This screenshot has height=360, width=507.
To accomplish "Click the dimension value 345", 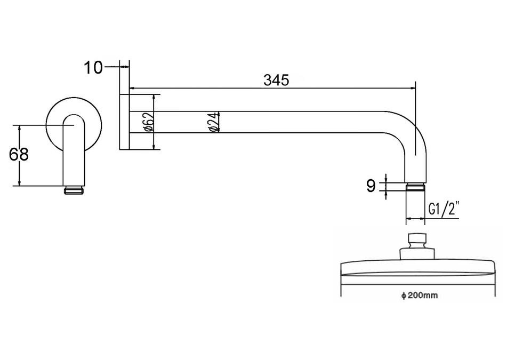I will pos(276,80).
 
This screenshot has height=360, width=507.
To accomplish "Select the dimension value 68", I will pos(19,155).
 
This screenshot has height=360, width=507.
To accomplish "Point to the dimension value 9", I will pos(371,186).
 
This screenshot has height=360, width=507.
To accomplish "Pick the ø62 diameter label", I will pos(149,122).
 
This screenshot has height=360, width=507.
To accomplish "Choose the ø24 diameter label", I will pos(213,122).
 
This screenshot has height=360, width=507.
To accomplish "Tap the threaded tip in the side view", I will pos(415,186).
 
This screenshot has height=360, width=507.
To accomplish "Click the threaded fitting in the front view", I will pos(74,189).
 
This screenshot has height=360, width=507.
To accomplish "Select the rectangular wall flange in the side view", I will pos(124,122).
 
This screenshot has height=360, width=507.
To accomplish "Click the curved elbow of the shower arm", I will pos(408,128).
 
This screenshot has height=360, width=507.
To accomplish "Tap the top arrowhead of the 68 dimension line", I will pos(20,128).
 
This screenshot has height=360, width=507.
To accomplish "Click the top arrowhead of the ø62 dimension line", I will pos(155,98).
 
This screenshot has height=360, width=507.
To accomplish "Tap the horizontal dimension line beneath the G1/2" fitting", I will pos(415,218).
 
